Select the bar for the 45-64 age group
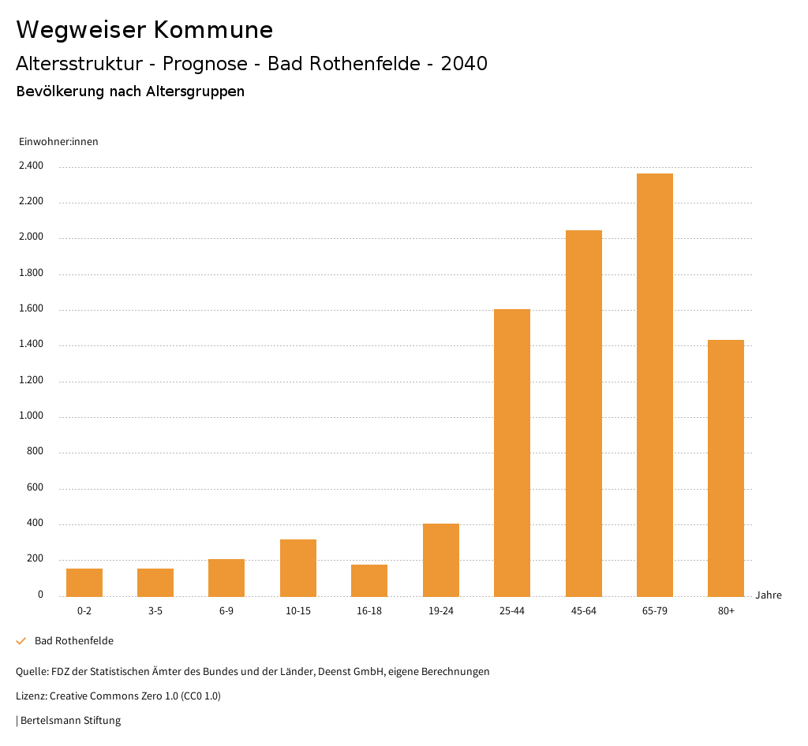(x=583, y=413)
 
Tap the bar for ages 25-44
(x=512, y=453)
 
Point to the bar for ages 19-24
(x=440, y=560)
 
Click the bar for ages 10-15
(x=298, y=568)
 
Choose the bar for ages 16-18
(x=369, y=580)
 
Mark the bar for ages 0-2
(x=84, y=582)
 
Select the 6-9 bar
(x=226, y=577)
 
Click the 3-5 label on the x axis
(x=155, y=611)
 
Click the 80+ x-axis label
(x=726, y=611)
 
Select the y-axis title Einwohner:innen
(x=58, y=142)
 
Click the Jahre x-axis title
(x=769, y=595)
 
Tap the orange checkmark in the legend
(x=21, y=641)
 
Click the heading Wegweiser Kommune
(x=144, y=30)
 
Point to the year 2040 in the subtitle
(x=464, y=64)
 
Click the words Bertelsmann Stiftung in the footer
(x=70, y=721)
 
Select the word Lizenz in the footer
(x=31, y=696)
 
